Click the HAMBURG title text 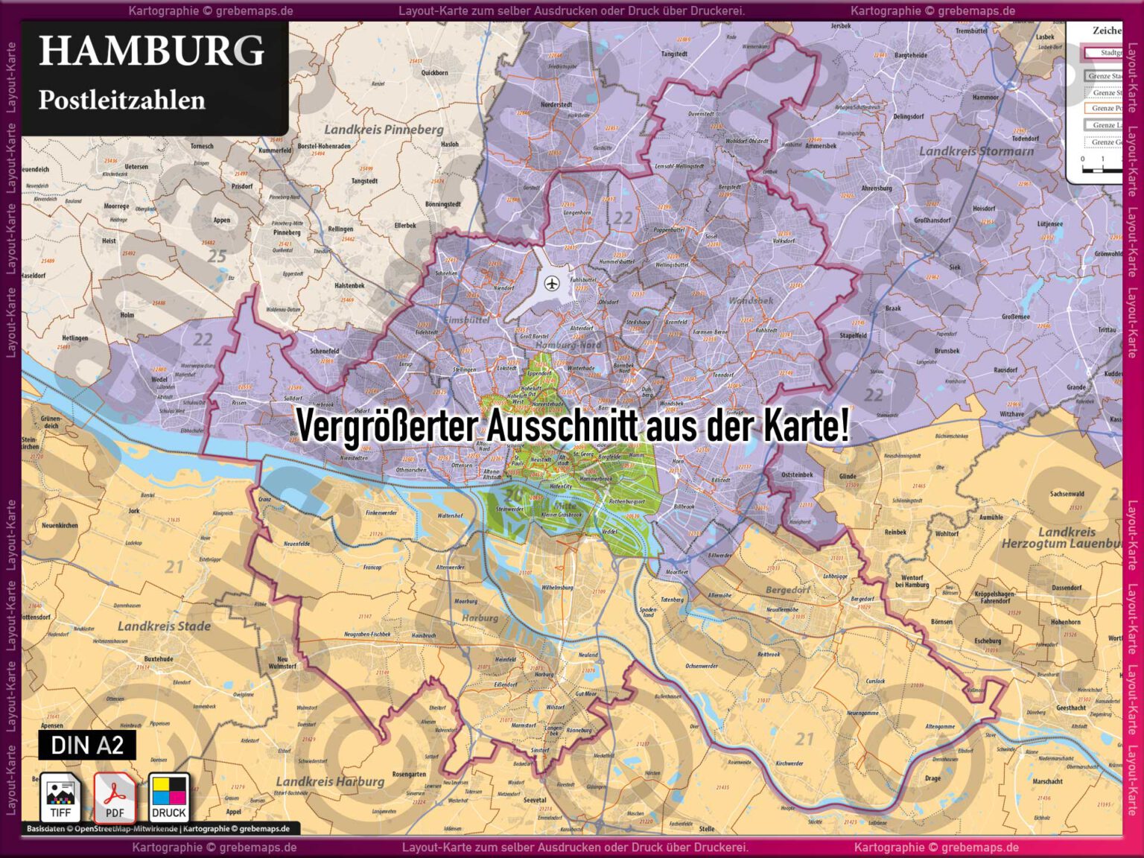(x=151, y=51)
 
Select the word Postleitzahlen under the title (x=121, y=101)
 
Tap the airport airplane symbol (x=552, y=283)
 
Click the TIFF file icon (x=60, y=797)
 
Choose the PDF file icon (x=114, y=797)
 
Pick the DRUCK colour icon (x=169, y=797)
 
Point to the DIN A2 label (x=87, y=745)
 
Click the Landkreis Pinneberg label (x=384, y=130)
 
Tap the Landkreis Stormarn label (x=976, y=151)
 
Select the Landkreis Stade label (x=164, y=626)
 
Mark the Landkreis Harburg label (x=330, y=781)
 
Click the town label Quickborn (x=434, y=73)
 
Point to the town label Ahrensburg (x=877, y=188)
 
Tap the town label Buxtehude (x=159, y=659)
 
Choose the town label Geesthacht (x=1071, y=708)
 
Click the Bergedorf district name (x=788, y=590)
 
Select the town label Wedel (x=159, y=379)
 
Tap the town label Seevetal (x=535, y=800)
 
